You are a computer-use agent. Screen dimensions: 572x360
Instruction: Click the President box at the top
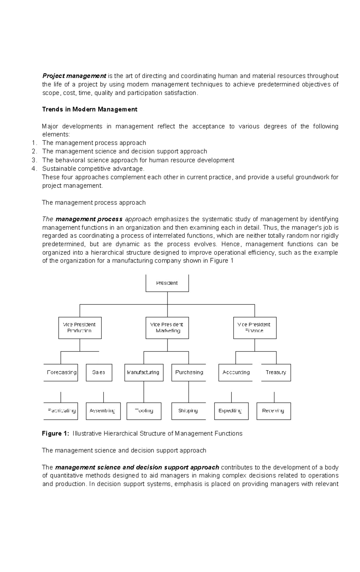[167, 283]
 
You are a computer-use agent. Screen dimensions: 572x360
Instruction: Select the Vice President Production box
[80, 328]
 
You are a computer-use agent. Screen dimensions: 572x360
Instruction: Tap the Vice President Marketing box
[167, 328]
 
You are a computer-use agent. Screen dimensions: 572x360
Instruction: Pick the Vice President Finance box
[255, 328]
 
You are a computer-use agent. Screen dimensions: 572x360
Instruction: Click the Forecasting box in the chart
[61, 372]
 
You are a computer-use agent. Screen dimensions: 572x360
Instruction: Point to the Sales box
[99, 372]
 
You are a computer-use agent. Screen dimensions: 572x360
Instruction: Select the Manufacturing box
[144, 372]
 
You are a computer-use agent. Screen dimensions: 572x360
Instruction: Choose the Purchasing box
[189, 372]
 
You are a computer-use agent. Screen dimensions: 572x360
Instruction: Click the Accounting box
[235, 372]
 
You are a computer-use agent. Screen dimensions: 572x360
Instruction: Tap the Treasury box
[276, 372]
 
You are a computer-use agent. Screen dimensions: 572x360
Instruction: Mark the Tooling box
[144, 411]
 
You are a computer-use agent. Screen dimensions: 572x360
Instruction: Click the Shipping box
[188, 411]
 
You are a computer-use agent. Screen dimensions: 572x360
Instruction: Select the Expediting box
[231, 411]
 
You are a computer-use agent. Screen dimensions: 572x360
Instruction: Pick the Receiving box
[274, 411]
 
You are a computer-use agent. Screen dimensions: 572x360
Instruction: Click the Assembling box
[103, 411]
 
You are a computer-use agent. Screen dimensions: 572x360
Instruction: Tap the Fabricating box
[61, 411]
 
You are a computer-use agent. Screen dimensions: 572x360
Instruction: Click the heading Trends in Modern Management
[90, 109]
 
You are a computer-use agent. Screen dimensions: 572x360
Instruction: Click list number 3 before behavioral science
[34, 160]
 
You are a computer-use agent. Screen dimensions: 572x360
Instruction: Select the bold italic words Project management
[74, 76]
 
